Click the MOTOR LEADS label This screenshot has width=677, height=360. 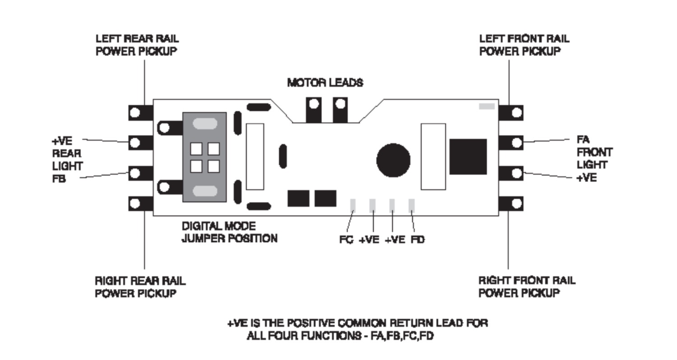click(x=325, y=83)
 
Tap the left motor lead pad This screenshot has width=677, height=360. click(x=313, y=110)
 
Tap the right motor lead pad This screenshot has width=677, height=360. click(x=340, y=110)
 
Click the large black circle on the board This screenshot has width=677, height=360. click(x=393, y=160)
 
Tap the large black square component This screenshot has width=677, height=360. click(x=468, y=157)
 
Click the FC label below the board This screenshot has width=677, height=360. click(x=346, y=240)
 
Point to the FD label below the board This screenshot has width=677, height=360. click(x=417, y=240)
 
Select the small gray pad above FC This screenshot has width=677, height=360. click(x=353, y=205)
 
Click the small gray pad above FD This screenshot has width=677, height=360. click(x=412, y=205)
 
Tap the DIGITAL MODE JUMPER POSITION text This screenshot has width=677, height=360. click(x=229, y=232)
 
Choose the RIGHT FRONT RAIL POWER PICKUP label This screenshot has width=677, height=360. click(x=527, y=286)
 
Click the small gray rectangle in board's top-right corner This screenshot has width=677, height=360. click(x=487, y=106)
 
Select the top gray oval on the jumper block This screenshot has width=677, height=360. click(x=204, y=123)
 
